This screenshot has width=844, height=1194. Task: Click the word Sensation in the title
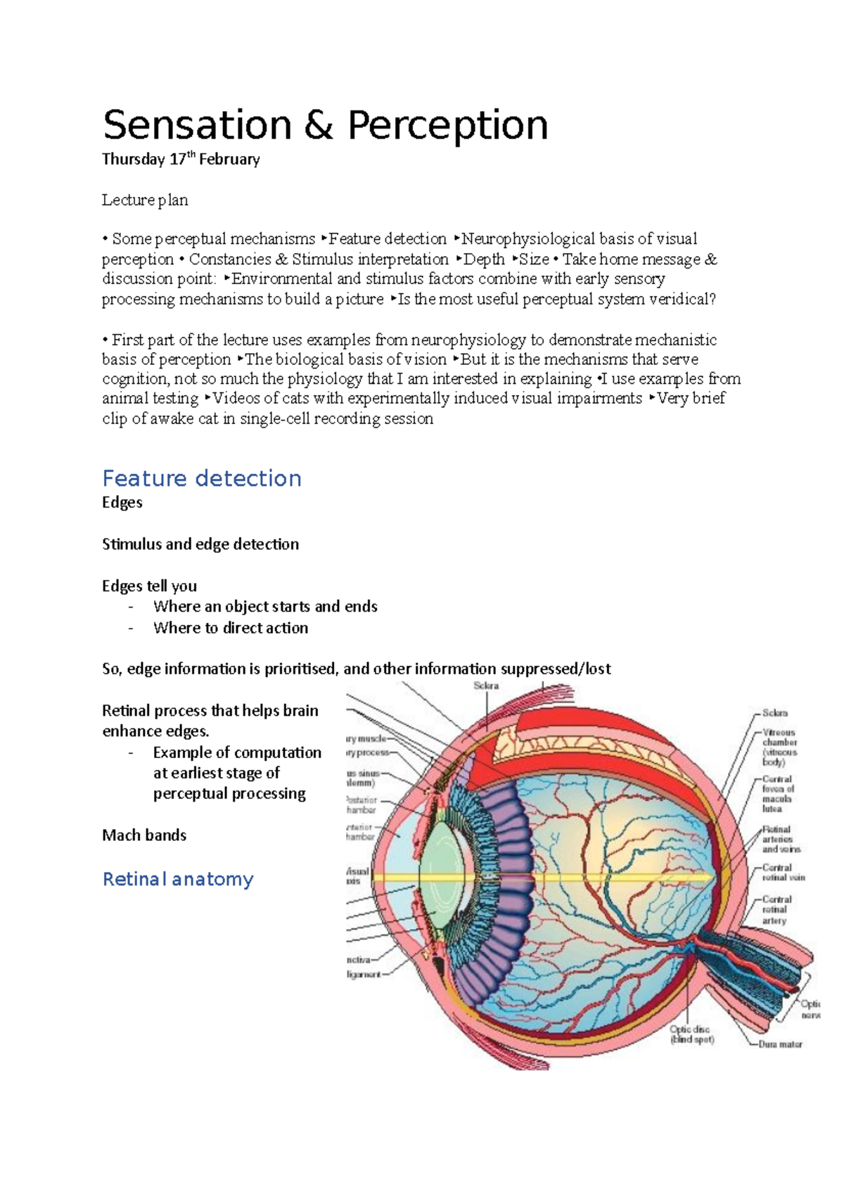coord(197,126)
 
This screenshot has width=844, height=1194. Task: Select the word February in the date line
coord(229,160)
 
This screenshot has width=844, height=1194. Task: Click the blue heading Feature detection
coord(202,478)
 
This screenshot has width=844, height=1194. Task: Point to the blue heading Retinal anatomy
coord(178,879)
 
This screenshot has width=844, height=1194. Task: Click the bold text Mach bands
coord(144,835)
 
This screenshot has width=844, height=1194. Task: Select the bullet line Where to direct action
coord(231,628)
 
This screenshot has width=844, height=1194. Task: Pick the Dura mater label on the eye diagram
coord(780,1044)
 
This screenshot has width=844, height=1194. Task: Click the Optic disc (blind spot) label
coord(692,1034)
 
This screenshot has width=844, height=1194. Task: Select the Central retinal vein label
coord(784,873)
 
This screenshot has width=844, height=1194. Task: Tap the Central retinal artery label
coord(776,909)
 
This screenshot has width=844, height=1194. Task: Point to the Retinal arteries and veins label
coord(781,839)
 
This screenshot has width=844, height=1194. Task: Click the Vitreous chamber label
coord(779,747)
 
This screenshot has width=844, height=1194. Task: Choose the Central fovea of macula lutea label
coord(777,794)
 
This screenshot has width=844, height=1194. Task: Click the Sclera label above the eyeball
coord(486,686)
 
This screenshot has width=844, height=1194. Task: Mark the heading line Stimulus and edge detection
coord(200,544)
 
